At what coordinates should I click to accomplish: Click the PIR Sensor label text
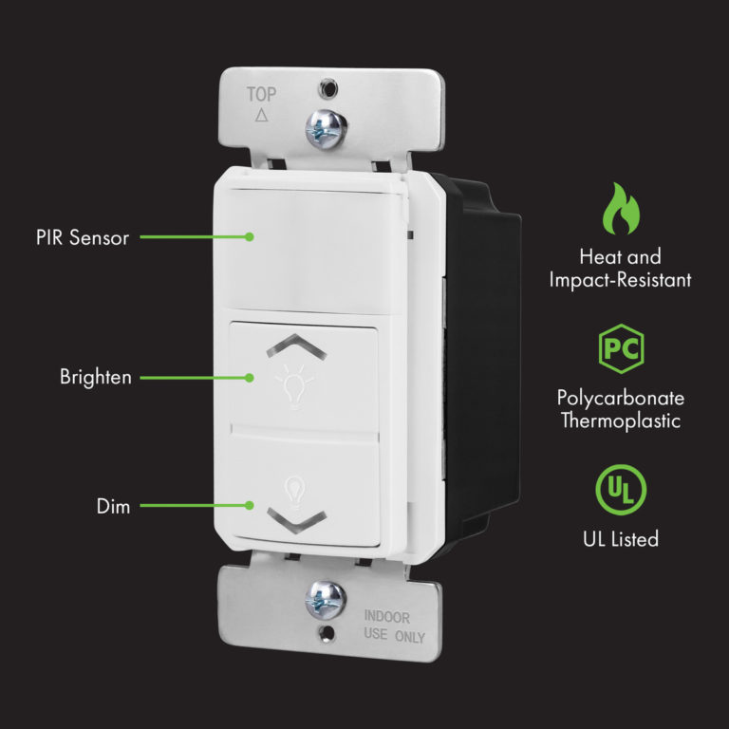(82, 237)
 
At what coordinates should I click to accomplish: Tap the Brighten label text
(96, 377)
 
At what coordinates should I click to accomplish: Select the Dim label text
(113, 506)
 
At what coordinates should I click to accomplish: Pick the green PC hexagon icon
(621, 350)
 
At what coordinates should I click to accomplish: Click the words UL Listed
(621, 539)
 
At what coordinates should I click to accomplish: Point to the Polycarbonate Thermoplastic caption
(621, 409)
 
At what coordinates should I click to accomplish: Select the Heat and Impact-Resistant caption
(621, 268)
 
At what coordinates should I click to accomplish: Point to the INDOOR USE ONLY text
(394, 626)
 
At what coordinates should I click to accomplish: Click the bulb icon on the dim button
(294, 486)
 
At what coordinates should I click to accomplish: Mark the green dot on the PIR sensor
(250, 237)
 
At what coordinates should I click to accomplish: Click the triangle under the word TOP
(263, 116)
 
